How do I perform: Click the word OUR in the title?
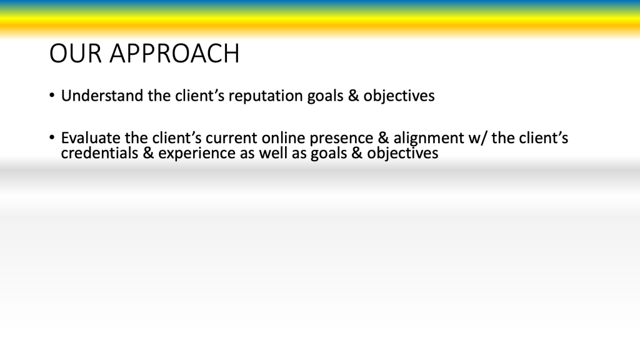coord(76,54)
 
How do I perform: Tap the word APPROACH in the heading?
coord(174,54)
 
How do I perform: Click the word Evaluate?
coord(91,138)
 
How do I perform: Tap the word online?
coord(283,138)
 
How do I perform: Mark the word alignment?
coord(429,139)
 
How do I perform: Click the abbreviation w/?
coord(478,139)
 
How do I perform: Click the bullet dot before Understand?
coord(52,96)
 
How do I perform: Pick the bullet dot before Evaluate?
coord(52,137)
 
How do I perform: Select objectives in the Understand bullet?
coord(399,96)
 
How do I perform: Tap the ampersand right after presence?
coord(383,138)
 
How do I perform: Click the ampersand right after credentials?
coord(148,153)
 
